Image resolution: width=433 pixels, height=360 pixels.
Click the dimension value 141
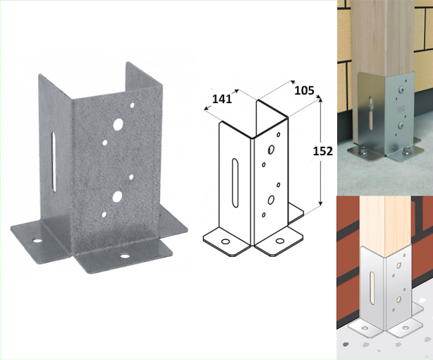tap(222, 99)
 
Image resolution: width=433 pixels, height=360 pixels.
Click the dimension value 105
tap(304, 90)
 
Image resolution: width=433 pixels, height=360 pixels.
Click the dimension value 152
tap(323, 151)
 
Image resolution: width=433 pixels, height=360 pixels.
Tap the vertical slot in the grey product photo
tap(54, 162)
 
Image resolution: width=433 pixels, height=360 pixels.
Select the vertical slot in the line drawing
tap(235, 183)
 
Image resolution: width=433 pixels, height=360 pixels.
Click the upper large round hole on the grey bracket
tap(118, 124)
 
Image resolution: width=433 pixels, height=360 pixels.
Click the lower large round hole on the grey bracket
tap(117, 196)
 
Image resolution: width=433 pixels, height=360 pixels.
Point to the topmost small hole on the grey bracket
tap(133, 105)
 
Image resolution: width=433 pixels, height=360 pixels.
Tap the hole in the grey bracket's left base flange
tap(38, 240)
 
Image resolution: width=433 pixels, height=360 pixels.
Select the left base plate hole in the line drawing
tap(226, 242)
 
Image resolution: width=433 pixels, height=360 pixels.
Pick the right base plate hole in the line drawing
tap(280, 241)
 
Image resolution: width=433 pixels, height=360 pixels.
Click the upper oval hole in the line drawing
tap(272, 150)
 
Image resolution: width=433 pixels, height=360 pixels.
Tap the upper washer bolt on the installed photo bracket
tap(401, 89)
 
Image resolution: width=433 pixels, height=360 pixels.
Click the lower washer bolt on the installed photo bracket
tap(401, 126)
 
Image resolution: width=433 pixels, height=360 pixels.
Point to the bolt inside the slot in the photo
tap(371, 106)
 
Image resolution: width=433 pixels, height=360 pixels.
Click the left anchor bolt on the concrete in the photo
tap(361, 151)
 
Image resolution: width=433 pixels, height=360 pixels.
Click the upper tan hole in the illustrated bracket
tap(398, 265)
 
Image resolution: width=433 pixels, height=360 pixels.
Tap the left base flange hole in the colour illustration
tap(365, 328)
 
